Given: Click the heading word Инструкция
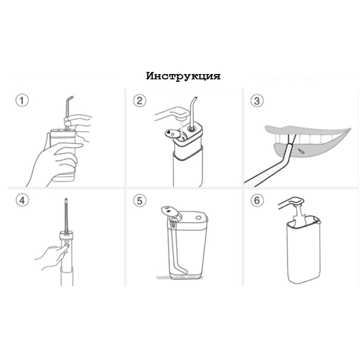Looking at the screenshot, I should click(184, 76).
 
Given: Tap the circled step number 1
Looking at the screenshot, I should click(21, 100).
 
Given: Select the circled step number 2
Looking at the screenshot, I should click(139, 100).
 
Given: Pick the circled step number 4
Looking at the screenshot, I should click(21, 200).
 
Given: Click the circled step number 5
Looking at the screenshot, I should click(139, 200).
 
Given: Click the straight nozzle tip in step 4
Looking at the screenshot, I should click(66, 202).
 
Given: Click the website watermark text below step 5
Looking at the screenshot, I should click(180, 277).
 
